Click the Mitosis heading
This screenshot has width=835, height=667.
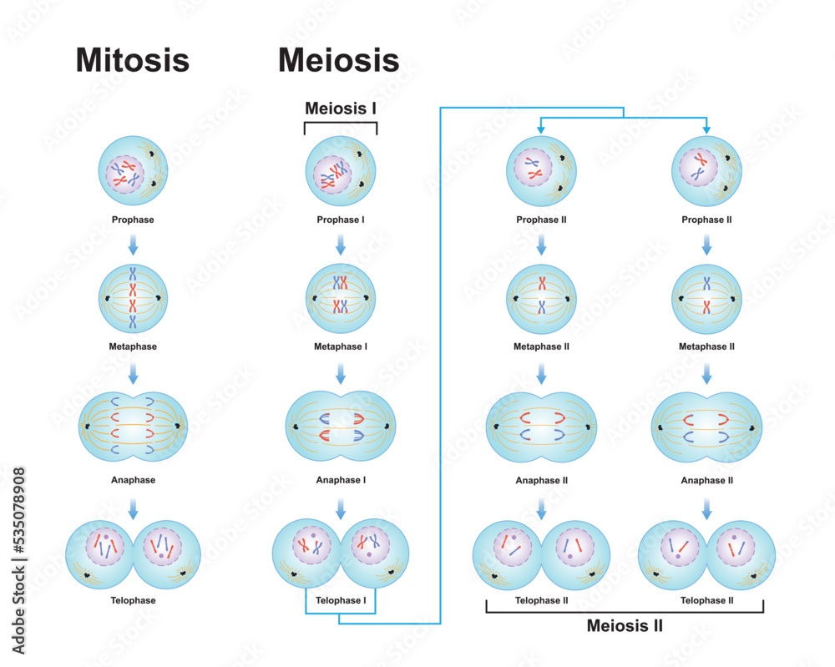(x=133, y=60)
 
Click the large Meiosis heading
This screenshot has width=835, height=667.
(x=338, y=60)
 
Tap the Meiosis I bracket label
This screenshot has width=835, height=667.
(x=340, y=108)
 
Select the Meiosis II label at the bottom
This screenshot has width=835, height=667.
(x=625, y=624)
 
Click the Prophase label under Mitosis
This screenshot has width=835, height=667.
(x=133, y=220)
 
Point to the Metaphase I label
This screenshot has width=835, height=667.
(x=340, y=346)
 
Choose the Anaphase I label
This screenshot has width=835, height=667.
(x=340, y=480)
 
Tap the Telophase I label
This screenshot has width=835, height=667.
(x=340, y=600)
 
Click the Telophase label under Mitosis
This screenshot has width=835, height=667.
(x=133, y=600)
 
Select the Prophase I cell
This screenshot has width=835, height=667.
(x=340, y=172)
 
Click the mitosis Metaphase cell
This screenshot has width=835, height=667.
(x=133, y=298)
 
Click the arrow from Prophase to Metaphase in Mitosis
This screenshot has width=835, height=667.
(x=133, y=245)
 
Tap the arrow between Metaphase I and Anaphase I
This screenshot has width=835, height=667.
(x=340, y=373)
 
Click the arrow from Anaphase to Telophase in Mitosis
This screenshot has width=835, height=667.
(x=133, y=507)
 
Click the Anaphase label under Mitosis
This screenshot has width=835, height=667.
(x=133, y=480)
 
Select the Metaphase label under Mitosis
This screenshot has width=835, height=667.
(x=133, y=346)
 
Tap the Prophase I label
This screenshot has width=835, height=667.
(x=340, y=220)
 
